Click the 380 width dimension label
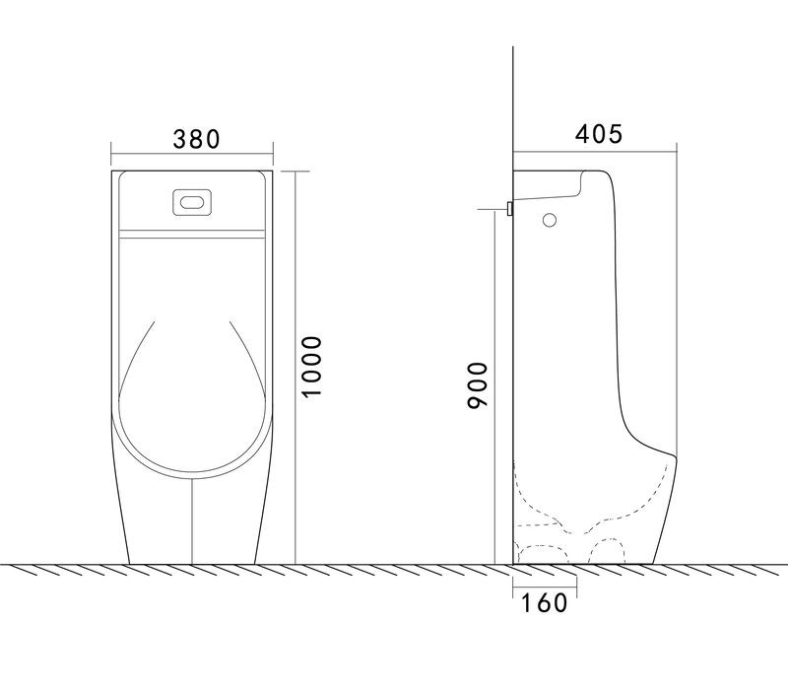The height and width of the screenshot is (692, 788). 196,139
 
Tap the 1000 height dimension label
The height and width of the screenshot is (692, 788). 311,367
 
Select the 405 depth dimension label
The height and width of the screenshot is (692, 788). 599,134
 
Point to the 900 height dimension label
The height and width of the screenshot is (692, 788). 478,384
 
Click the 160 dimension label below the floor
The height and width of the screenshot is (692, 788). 544,603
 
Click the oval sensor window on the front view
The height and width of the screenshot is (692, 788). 192,203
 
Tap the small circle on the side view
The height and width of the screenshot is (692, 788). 550,220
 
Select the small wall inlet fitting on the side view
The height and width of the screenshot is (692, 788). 509,208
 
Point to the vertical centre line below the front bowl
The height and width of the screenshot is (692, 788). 192,521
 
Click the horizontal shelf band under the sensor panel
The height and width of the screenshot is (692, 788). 191,234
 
